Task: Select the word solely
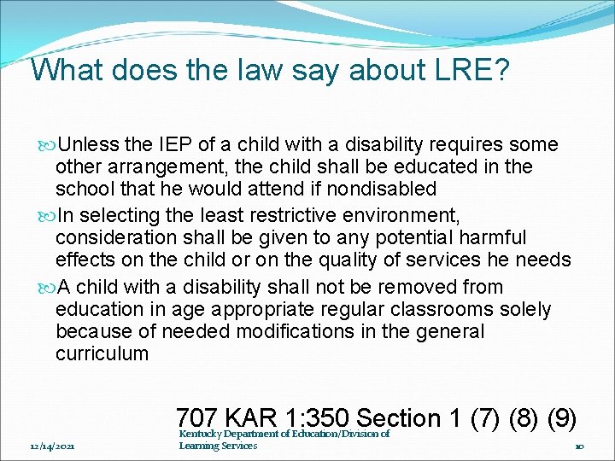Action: (525, 309)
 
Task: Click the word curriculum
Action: (102, 353)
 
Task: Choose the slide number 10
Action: (579, 446)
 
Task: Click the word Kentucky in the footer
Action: (202, 434)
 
